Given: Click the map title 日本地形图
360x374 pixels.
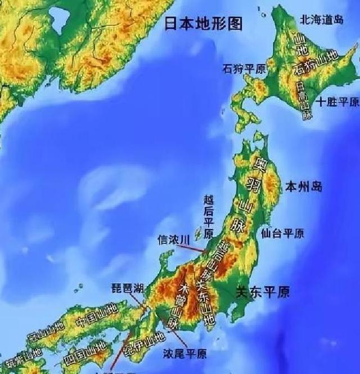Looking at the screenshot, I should pos(203,24).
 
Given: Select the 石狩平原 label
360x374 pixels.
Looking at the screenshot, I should pos(245,69).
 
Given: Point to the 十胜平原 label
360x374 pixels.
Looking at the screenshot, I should pos(337,102).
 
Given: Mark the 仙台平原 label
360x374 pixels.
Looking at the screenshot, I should pos(283,233).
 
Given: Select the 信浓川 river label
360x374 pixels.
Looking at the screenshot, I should pos(172,241).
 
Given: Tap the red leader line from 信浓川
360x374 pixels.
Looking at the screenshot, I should pos(194,246).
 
